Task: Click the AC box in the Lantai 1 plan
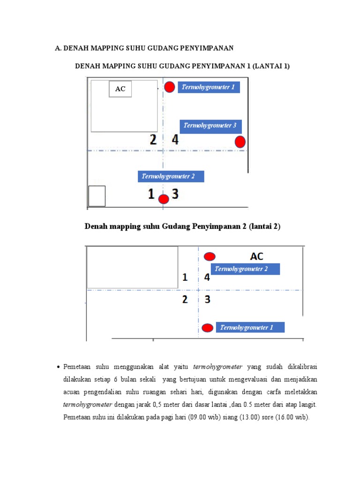point(120,89)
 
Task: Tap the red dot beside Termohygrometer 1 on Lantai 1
point(170,87)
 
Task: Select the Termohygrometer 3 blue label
point(210,126)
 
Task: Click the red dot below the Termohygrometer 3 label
point(240,142)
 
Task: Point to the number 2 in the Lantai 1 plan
point(153,139)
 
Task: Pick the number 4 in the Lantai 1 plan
point(175,139)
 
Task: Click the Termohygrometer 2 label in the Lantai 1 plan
point(171,177)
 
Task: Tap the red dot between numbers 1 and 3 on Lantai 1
point(164,199)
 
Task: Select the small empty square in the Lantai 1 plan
point(97,196)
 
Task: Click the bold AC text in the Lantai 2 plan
point(257,256)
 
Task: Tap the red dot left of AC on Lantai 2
point(210,256)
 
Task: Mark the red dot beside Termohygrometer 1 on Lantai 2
point(207,328)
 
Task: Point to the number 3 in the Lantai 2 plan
point(207,299)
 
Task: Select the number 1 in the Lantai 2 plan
point(185,277)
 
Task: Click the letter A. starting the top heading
point(58,48)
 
